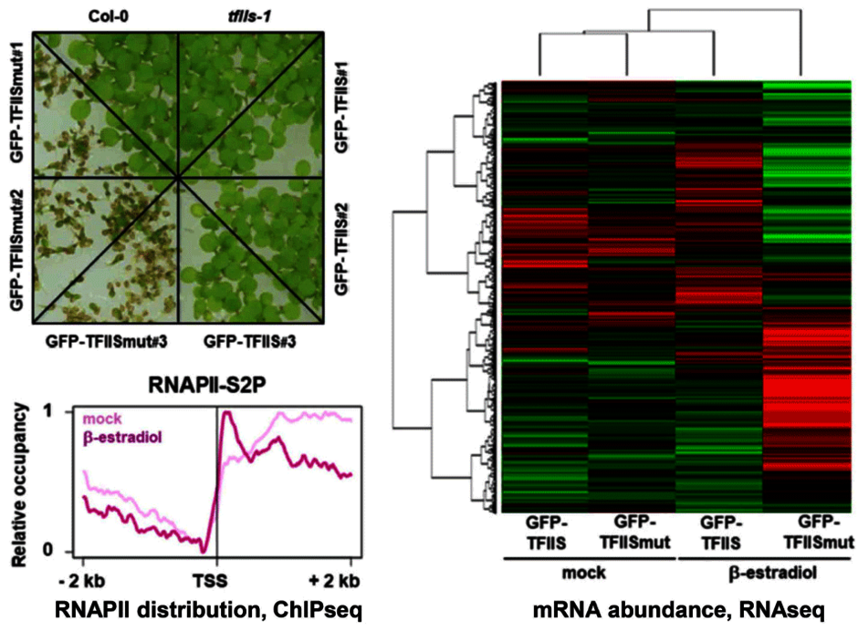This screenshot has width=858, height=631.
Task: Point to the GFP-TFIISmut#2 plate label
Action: [x=16, y=248]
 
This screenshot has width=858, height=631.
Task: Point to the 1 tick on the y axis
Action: [x=61, y=412]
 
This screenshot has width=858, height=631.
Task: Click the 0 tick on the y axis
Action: [x=61, y=551]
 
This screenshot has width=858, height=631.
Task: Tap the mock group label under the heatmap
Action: [x=585, y=576]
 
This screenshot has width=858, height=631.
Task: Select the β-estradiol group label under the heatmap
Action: [x=763, y=576]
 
